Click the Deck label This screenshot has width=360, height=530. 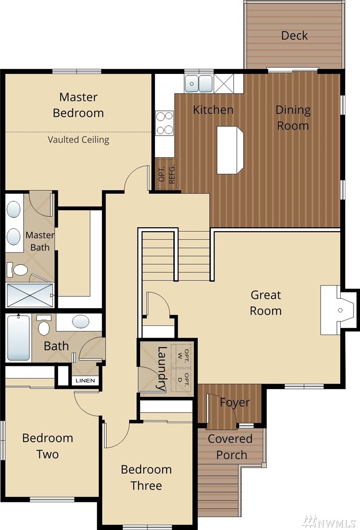[x=294, y=35]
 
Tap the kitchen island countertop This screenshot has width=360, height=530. [x=230, y=150]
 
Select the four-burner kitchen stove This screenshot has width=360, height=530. [x=165, y=123]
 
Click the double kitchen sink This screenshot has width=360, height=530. [x=198, y=83]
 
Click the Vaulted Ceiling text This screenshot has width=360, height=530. [x=78, y=140]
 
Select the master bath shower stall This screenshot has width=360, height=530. [x=30, y=295]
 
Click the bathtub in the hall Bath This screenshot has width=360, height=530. [x=19, y=338]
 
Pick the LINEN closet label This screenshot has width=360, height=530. [x=85, y=381]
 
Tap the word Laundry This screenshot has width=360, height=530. [x=162, y=368]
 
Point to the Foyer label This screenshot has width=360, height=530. [x=235, y=402]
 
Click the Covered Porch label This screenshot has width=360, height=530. [x=230, y=447]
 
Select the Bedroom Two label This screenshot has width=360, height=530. [x=48, y=446]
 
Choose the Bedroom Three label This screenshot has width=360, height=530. [x=146, y=477]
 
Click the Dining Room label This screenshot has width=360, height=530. [x=293, y=118]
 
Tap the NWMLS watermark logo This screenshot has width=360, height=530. [x=329, y=522]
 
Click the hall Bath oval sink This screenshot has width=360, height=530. [x=81, y=321]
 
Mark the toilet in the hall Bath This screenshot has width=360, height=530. [x=44, y=325]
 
